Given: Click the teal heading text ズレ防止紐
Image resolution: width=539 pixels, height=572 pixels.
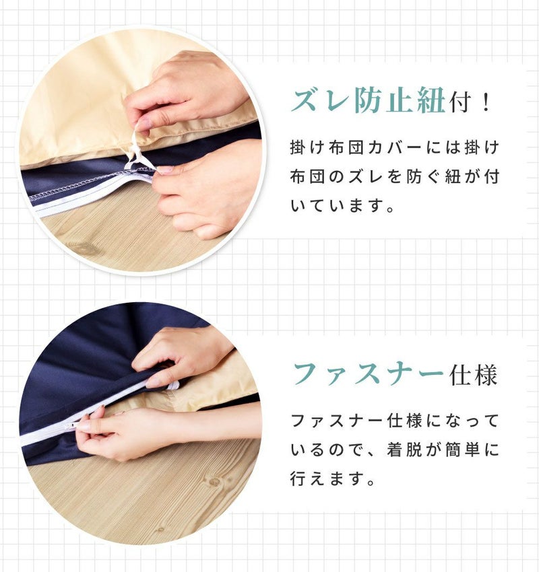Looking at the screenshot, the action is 369,100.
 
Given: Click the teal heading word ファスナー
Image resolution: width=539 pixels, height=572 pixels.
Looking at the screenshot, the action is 369,375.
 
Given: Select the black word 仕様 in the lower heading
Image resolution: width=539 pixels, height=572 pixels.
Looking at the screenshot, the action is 473,375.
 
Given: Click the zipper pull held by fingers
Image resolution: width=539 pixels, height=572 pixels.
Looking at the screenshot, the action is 71,425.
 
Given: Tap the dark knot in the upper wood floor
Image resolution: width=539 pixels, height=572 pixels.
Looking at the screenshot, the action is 85,250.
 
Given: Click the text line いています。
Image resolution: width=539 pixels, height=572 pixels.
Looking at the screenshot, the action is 342,206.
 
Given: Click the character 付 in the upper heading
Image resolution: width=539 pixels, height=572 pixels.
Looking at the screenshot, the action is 462,102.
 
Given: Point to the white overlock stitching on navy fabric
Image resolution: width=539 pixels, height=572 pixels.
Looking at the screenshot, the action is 92,184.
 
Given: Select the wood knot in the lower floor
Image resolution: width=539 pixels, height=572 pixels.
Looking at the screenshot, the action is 213,482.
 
